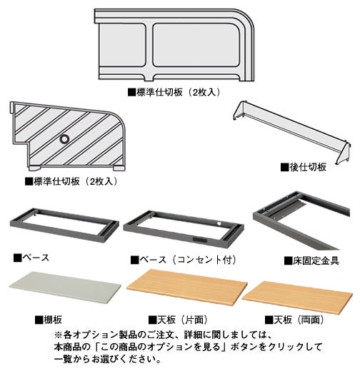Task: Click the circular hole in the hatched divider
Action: click(x=64, y=139)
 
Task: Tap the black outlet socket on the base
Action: click(x=200, y=240)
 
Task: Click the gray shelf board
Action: click(x=65, y=287)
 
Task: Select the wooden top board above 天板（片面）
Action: click(x=187, y=287)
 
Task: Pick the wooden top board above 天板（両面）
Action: click(x=297, y=297)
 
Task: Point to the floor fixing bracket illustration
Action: click(x=301, y=220)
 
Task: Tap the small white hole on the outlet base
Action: click(x=219, y=223)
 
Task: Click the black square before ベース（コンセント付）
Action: click(x=134, y=260)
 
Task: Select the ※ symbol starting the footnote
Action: click(x=59, y=335)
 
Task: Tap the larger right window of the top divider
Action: click(x=196, y=45)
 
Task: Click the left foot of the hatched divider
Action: click(x=34, y=168)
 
